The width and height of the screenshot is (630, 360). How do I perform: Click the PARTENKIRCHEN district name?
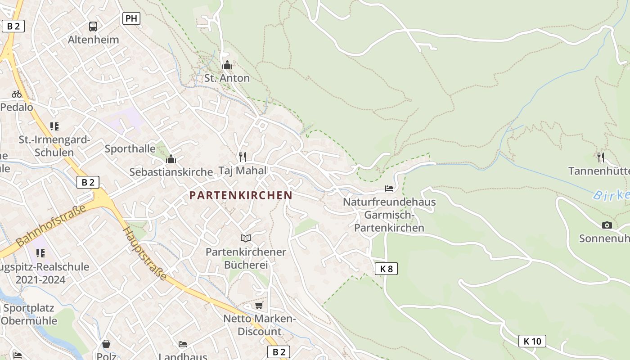click(241, 195)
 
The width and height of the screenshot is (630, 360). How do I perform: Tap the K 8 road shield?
click(386, 269)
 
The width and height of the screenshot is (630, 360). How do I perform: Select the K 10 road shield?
click(532, 341)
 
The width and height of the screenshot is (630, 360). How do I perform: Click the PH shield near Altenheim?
click(131, 18)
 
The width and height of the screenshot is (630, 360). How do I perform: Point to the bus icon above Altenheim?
click(93, 27)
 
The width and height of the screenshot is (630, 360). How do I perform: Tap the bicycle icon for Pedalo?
click(17, 94)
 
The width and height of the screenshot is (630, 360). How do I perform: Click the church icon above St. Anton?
click(227, 65)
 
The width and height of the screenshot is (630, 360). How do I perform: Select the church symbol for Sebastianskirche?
click(171, 159)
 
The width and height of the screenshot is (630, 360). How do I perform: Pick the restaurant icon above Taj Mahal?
click(243, 157)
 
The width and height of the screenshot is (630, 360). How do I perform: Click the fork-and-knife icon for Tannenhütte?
click(601, 157)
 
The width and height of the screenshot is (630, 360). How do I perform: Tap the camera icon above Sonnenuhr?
click(607, 225)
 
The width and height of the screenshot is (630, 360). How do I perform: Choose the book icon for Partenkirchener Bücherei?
click(245, 238)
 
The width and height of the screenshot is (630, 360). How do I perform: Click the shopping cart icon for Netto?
click(259, 306)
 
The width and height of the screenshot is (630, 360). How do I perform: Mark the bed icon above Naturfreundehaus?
click(389, 188)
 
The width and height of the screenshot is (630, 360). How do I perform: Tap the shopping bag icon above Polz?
click(106, 344)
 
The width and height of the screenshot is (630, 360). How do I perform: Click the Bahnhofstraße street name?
click(50, 225)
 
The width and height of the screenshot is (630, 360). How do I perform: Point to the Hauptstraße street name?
click(145, 252)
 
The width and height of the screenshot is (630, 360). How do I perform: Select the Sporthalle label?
click(130, 148)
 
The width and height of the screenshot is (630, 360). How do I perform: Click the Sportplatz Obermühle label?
click(29, 315)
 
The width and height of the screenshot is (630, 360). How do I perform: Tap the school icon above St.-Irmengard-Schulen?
click(54, 126)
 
